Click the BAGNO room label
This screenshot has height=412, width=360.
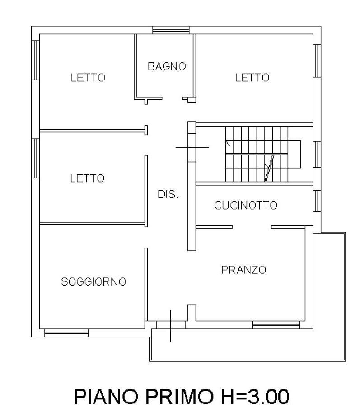[x=167, y=66]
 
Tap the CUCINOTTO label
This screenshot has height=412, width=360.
[x=246, y=206]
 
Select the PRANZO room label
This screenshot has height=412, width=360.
[x=243, y=270]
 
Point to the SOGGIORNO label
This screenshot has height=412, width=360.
[x=94, y=282]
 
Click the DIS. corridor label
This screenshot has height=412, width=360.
[x=168, y=195]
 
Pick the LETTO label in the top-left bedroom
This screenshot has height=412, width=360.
[x=88, y=78]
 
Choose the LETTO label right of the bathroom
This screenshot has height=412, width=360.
[x=252, y=78]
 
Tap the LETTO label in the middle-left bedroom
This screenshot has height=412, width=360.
[x=87, y=178]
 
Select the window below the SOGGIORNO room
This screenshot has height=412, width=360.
[x=66, y=333]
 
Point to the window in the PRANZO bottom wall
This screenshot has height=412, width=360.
[x=276, y=324]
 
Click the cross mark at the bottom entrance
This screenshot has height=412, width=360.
[x=171, y=325]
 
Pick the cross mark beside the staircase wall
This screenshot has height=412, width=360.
[x=192, y=147]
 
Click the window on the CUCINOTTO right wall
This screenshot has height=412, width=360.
[x=317, y=201]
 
